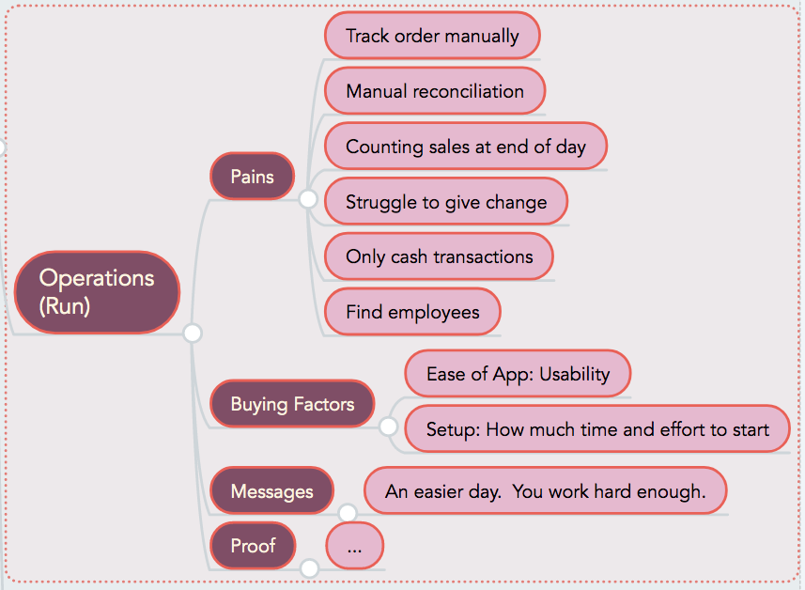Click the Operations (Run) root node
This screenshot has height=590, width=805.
(97, 292)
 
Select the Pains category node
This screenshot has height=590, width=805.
(252, 176)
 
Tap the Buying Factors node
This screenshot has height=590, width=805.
(292, 404)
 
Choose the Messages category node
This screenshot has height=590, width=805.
(271, 491)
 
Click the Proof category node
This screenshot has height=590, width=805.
(253, 545)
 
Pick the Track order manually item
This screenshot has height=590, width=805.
(432, 36)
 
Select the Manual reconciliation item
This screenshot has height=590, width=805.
(435, 91)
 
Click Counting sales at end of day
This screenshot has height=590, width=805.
(466, 147)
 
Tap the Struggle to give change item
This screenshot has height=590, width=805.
(446, 201)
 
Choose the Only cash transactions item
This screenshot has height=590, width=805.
(439, 256)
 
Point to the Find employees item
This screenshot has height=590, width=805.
(412, 312)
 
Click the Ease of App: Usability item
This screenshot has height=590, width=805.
(518, 373)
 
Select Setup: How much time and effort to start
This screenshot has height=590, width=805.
(597, 428)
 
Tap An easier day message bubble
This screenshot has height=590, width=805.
(545, 491)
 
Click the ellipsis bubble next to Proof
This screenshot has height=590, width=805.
(354, 545)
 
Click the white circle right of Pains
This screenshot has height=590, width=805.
(308, 199)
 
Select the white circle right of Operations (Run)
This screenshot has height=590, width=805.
(193, 333)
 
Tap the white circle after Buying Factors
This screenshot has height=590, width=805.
(388, 427)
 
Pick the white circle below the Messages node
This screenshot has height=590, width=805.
(348, 512)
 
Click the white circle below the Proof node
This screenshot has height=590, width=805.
(310, 568)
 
